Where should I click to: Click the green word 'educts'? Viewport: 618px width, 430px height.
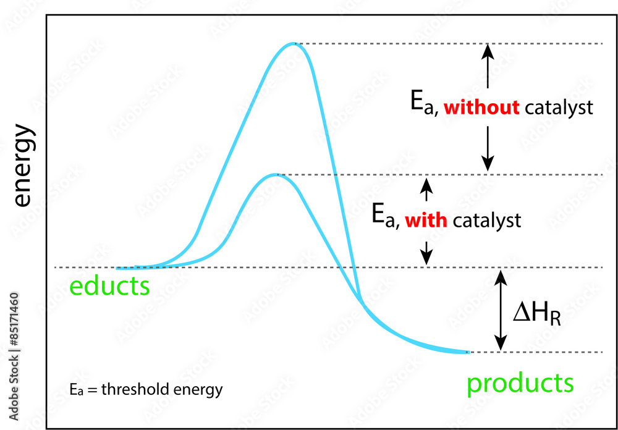[x=109, y=287]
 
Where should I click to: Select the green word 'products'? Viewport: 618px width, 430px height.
[x=520, y=383]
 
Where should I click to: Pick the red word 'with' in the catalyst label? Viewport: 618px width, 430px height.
[x=426, y=220]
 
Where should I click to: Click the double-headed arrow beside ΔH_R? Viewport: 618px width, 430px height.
[x=501, y=310]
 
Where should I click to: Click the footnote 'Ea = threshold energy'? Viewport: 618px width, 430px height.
[x=146, y=390]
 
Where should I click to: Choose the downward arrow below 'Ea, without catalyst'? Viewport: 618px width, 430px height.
[x=488, y=148]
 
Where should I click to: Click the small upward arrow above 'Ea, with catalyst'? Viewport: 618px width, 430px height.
[x=425, y=188]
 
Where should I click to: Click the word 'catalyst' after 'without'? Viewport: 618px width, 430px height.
[x=559, y=108]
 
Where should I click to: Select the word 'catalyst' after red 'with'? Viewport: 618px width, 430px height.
[x=487, y=220]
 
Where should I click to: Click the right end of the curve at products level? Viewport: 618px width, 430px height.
[x=468, y=352]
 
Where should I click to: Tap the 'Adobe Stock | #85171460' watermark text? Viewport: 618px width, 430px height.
[x=14, y=356]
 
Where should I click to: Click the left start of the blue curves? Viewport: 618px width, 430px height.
[x=119, y=268]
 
